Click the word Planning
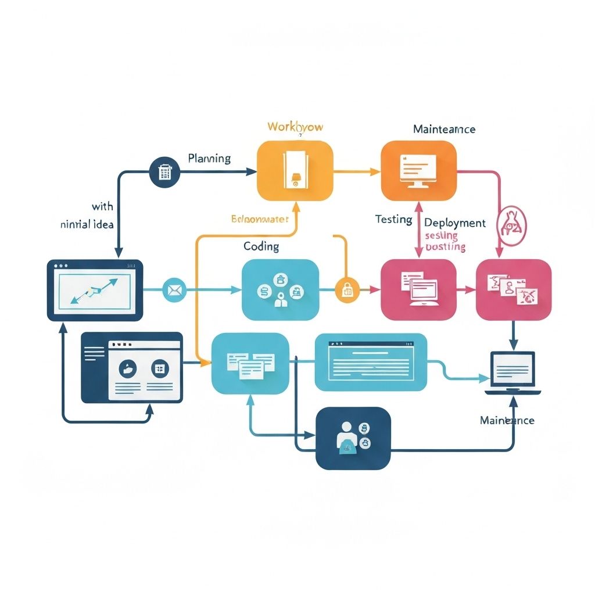point(209,158)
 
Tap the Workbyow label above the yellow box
point(295,127)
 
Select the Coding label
point(261,246)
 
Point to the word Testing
point(393,220)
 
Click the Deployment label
point(455,223)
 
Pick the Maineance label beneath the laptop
point(507,420)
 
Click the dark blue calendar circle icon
point(164,171)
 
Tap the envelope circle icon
point(174,289)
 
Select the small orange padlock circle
point(347,289)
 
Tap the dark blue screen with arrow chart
point(95,290)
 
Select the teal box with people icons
point(280,289)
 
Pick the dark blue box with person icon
point(353,438)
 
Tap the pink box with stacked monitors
point(418,289)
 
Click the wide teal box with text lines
point(370,363)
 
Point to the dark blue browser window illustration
point(132,367)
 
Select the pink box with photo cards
point(514,289)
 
